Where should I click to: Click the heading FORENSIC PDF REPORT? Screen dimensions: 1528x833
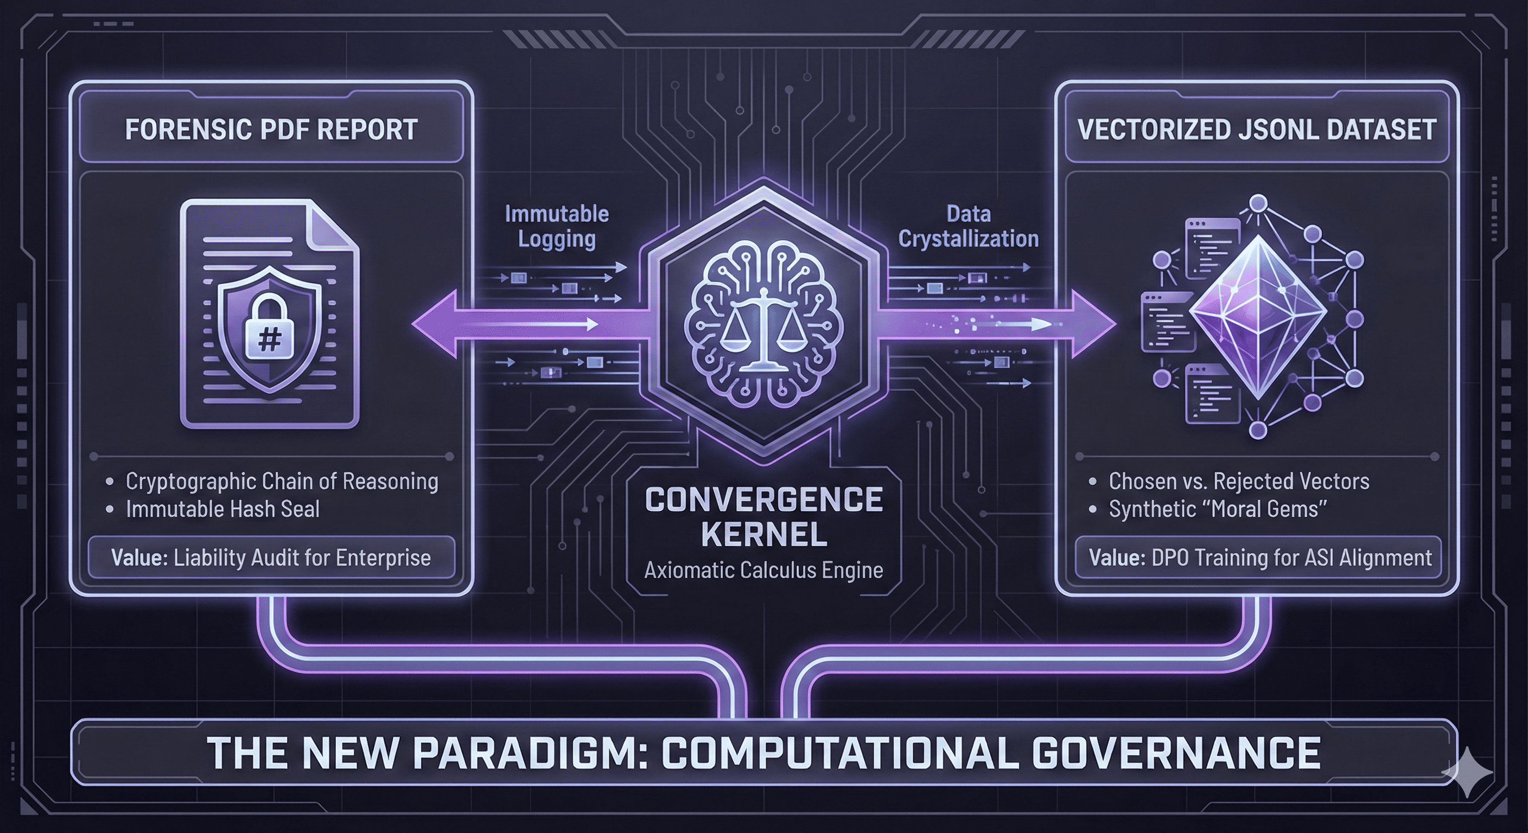coord(271,130)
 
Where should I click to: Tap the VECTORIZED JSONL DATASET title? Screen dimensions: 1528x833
coord(1256,130)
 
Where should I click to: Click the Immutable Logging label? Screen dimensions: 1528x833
coord(556,226)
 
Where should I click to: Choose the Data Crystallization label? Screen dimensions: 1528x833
coord(968,226)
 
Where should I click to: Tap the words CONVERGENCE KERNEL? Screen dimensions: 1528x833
coord(763,516)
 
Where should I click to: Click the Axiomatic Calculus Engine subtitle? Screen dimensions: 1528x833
coord(763,571)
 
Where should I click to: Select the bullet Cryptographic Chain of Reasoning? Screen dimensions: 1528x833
coord(282,481)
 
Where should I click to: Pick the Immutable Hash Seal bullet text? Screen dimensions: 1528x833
coord(222,509)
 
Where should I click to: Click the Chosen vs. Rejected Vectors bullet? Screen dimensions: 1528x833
coord(1239,481)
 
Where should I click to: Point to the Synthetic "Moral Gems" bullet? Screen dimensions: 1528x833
coord(1217,509)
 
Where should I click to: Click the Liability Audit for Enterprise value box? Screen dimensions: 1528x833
coord(271,558)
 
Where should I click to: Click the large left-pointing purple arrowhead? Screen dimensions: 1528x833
coord(436,324)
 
